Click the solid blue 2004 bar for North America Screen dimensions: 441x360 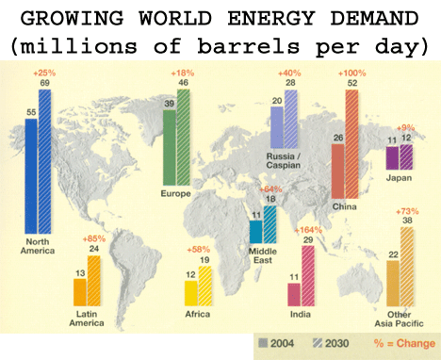[x=31, y=176]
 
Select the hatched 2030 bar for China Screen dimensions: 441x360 [x=351, y=144]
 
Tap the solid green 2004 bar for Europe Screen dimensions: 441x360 [x=170, y=147]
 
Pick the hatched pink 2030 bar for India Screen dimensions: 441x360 [x=308, y=275]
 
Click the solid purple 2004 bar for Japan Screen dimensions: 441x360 [x=392, y=157]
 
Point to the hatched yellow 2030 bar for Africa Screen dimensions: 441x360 [x=205, y=286]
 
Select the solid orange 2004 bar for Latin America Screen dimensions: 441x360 [x=80, y=292]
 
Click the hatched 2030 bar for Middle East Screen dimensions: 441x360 [x=270, y=224]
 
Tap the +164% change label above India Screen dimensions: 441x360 [x=308, y=230]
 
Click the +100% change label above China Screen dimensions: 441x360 [x=352, y=74]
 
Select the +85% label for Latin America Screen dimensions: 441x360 [x=94, y=239]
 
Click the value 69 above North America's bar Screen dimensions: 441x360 [x=44, y=83]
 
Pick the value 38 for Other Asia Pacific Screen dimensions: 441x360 [x=407, y=221]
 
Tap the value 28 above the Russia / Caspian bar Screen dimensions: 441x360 [x=290, y=83]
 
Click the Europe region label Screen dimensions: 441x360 [x=176, y=193]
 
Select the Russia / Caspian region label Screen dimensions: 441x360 [x=284, y=160]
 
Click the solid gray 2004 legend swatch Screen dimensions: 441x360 [x=263, y=343]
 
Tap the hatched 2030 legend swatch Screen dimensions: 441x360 [x=318, y=343]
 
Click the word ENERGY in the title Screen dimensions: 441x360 [x=271, y=18]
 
